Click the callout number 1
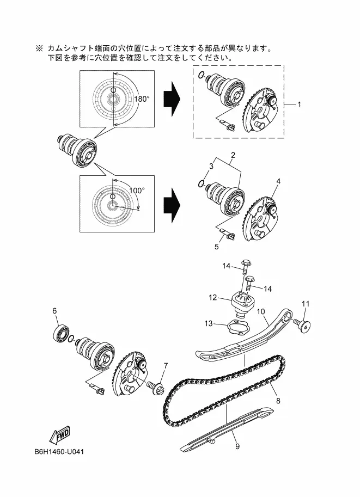click(299, 105)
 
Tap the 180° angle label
click(142, 99)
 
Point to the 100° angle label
click(137, 191)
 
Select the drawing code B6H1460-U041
click(59, 451)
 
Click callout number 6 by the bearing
click(54, 311)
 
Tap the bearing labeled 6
click(60, 334)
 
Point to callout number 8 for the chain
click(278, 401)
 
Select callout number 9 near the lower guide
click(237, 446)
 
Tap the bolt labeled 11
click(302, 325)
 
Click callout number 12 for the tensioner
click(212, 298)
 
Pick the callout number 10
click(260, 311)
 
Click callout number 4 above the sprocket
click(278, 181)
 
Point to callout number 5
click(217, 247)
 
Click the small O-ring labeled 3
click(201, 183)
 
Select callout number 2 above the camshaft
click(233, 155)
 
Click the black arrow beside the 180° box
click(172, 99)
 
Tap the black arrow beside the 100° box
click(172, 205)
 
